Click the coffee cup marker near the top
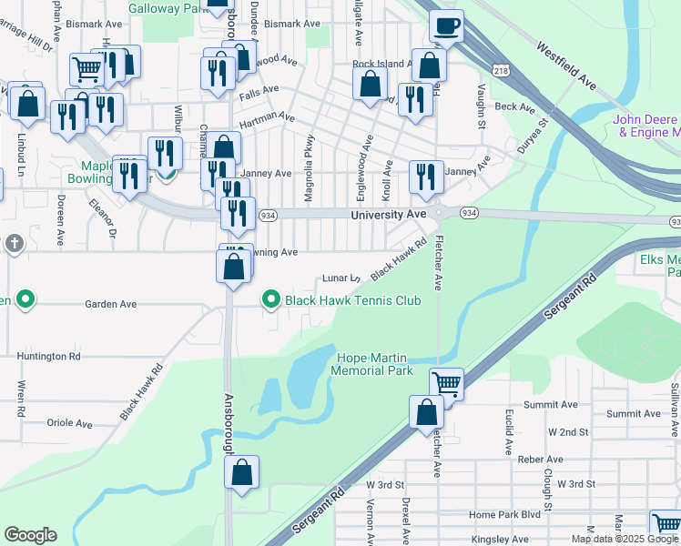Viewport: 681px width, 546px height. click(446, 26)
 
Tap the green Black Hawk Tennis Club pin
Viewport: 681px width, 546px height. click(270, 298)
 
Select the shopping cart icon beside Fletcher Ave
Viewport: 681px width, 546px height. click(446, 383)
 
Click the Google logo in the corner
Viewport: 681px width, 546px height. click(30, 535)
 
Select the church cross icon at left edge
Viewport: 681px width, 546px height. click(14, 244)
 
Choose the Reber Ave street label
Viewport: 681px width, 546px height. click(541, 460)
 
